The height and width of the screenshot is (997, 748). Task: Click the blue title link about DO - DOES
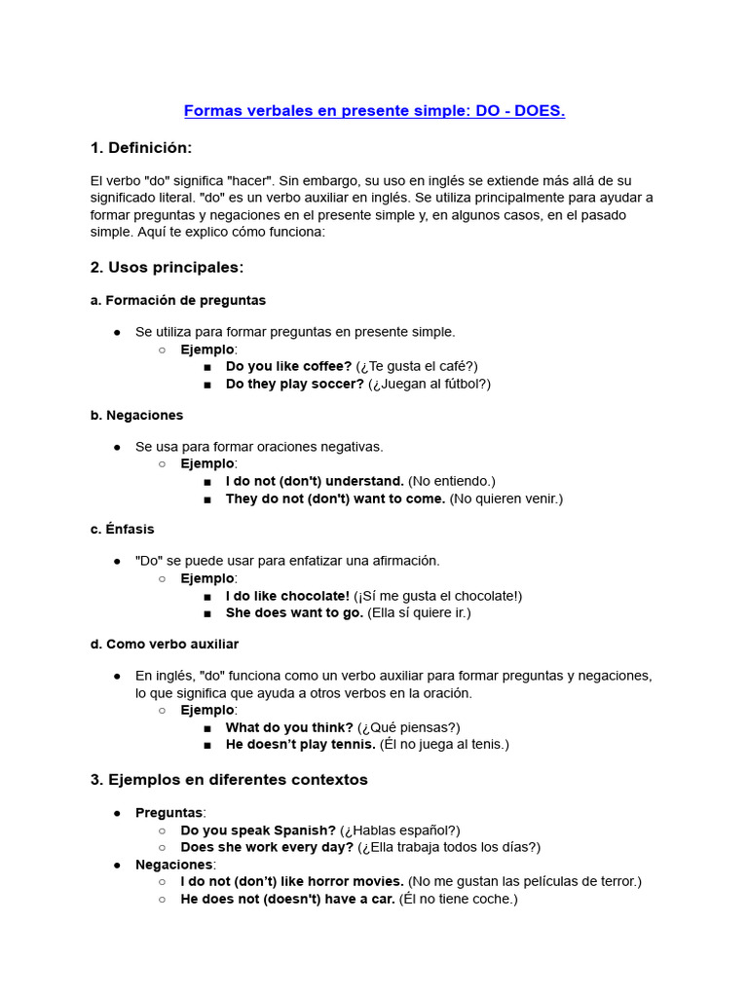click(x=374, y=111)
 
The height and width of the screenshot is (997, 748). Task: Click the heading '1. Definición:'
click(x=141, y=148)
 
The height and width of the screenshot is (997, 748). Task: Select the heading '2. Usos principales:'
click(x=167, y=267)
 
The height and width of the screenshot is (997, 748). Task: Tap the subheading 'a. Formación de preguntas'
click(x=177, y=300)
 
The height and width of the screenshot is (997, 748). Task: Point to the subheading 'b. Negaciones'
click(x=136, y=415)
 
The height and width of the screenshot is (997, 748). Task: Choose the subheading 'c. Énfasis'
click(x=122, y=529)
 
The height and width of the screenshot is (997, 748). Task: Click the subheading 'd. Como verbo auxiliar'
click(x=164, y=644)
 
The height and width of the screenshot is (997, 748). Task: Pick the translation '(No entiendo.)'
click(x=452, y=481)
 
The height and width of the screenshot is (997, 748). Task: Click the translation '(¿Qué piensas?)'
click(x=409, y=727)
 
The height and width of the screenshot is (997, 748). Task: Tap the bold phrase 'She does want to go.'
click(x=294, y=613)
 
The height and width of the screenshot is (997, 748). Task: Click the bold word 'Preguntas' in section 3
click(x=168, y=812)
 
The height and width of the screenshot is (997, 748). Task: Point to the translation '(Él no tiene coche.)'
click(x=458, y=899)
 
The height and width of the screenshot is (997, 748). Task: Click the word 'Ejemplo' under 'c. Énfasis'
click(x=207, y=578)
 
